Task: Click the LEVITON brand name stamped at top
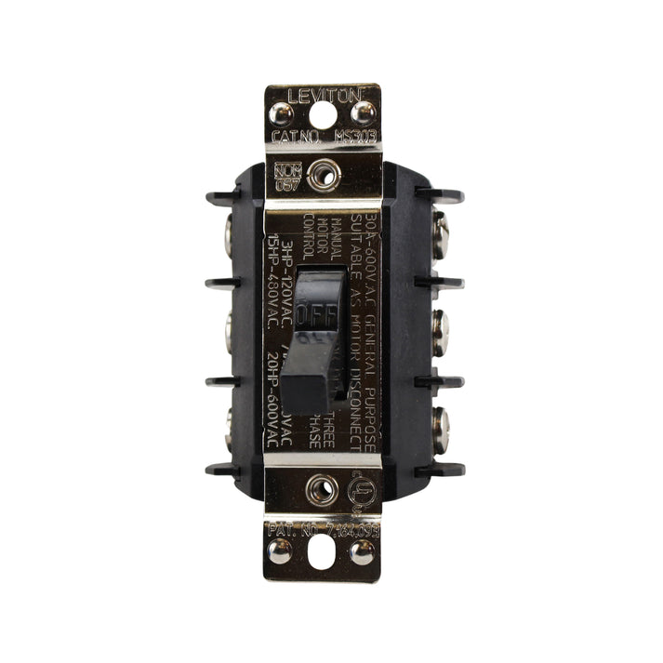pos(322,95)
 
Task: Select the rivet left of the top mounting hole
pos(281,113)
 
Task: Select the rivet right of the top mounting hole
pos(364,113)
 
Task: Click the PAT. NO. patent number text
pos(322,529)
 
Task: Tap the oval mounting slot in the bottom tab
pos(322,554)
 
